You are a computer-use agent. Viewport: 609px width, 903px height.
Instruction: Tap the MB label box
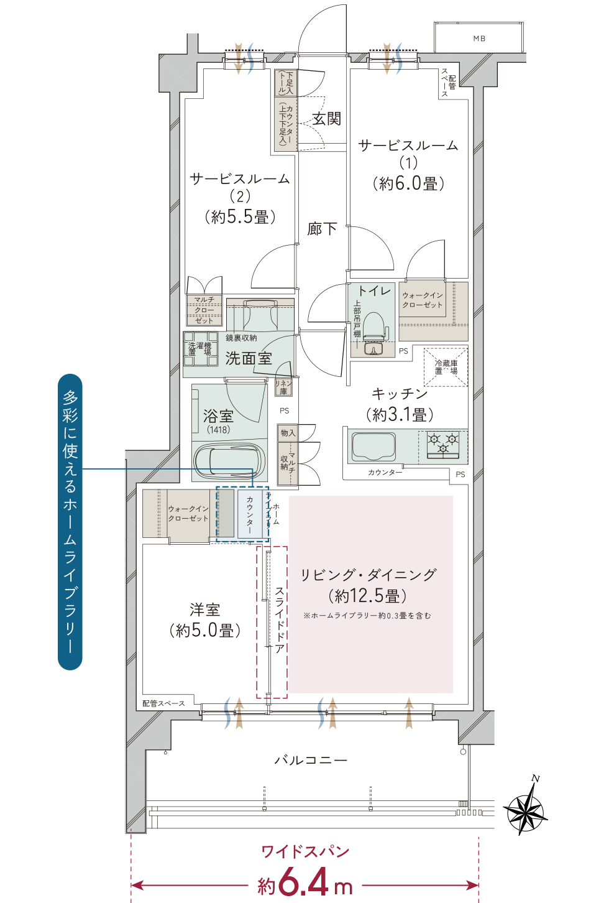(478, 39)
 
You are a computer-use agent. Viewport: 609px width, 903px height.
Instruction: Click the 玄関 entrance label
(326, 118)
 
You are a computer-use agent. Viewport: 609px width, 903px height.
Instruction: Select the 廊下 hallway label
(322, 229)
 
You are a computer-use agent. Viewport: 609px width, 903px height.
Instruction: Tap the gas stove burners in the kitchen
(443, 443)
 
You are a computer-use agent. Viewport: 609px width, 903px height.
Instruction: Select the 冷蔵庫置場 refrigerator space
(446, 367)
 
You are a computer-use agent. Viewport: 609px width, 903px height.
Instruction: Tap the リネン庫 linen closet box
(283, 387)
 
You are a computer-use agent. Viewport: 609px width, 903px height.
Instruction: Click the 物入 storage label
(287, 433)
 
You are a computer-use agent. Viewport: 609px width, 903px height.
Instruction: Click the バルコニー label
(311, 760)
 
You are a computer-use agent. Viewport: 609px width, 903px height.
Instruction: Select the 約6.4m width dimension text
(304, 883)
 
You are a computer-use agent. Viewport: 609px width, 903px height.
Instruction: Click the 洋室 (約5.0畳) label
(204, 619)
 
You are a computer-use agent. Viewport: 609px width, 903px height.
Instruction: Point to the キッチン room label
(400, 394)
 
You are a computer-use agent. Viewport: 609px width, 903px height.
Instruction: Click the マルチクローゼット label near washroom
(204, 310)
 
